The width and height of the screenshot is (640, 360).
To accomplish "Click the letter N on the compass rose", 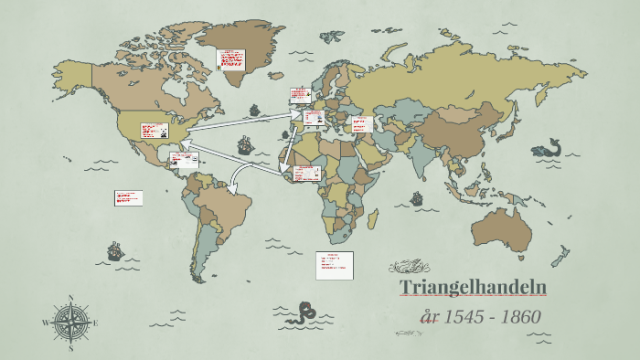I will tap(71, 298).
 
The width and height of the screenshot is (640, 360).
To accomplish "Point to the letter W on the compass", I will tap(45, 323).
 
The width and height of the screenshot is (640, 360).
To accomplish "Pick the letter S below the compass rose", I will tap(71, 348).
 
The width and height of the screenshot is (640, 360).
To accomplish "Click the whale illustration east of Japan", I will tap(549, 148).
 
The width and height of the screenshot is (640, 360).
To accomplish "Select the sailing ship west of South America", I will tap(115, 250).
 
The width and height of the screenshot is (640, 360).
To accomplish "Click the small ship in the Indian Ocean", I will tap(416, 197).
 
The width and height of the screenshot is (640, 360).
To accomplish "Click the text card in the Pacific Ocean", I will tap(127, 197).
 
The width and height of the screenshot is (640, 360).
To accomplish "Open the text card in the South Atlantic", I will tap(334, 264).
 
